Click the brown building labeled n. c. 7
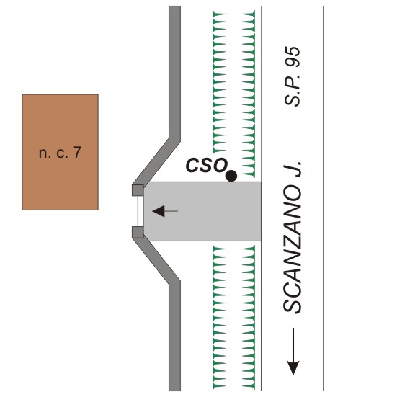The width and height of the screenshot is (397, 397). (x=60, y=152)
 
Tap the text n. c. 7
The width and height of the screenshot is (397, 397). (x=60, y=153)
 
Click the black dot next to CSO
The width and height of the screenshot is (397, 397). (x=231, y=176)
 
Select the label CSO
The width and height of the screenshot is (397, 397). (x=206, y=165)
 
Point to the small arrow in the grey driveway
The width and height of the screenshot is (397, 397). (x=165, y=211)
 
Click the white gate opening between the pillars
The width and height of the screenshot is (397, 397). (x=140, y=211)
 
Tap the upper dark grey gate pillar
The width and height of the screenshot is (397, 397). (x=138, y=190)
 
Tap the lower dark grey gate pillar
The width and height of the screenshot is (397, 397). (x=138, y=232)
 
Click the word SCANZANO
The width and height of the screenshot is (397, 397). (x=293, y=249)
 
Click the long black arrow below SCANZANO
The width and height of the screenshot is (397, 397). (x=293, y=352)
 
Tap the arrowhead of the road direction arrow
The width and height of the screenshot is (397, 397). (x=293, y=368)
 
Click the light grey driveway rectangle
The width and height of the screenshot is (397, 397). (x=202, y=211)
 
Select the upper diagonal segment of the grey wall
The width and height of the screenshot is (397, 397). (x=156, y=162)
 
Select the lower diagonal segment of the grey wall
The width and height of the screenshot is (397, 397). (x=156, y=261)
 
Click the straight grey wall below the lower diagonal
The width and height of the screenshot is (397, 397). (x=174, y=336)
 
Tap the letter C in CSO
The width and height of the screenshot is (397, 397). (x=192, y=165)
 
